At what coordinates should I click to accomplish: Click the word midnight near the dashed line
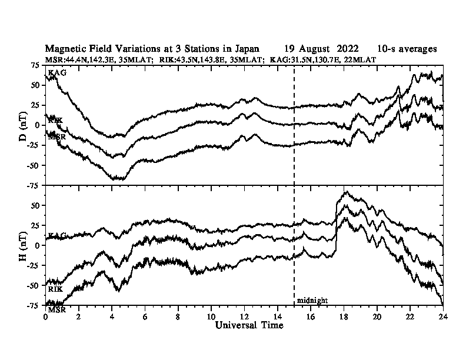pyautogui.click(x=312, y=301)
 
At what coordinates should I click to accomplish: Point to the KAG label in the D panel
pyautogui.click(x=57, y=73)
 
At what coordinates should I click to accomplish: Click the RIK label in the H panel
pyautogui.click(x=55, y=289)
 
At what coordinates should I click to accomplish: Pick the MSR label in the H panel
pyautogui.click(x=56, y=309)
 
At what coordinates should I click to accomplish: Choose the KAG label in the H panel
pyautogui.click(x=57, y=236)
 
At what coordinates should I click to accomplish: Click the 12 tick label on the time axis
pyautogui.click(x=244, y=316)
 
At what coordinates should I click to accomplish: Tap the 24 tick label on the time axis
pyautogui.click(x=443, y=316)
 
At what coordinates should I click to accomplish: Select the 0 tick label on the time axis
pyautogui.click(x=45, y=316)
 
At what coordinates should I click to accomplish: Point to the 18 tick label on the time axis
pyautogui.click(x=344, y=316)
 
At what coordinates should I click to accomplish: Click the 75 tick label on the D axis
pyautogui.click(x=35, y=65)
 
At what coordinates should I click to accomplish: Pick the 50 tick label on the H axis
pyautogui.click(x=35, y=205)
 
